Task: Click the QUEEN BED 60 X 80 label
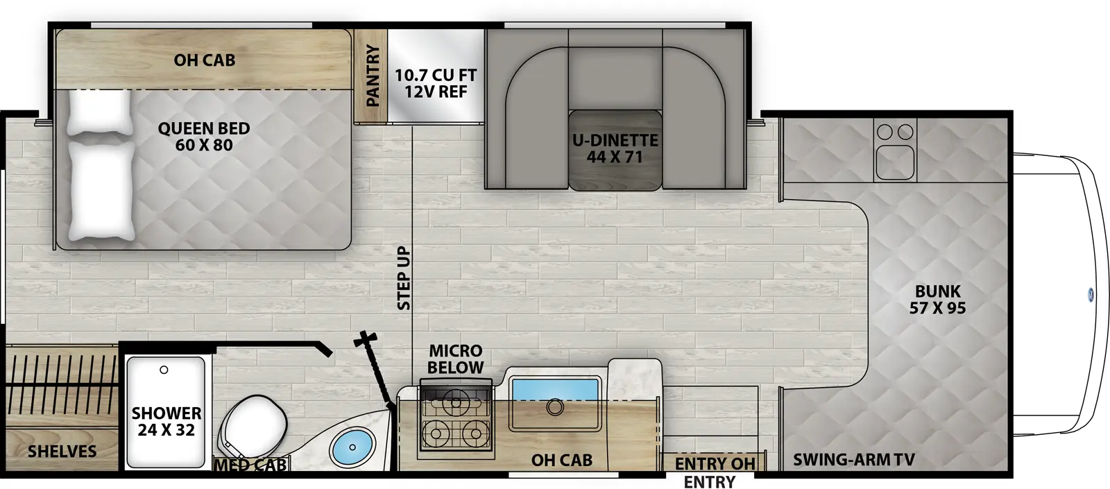click(203, 137)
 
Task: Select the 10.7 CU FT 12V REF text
click(436, 83)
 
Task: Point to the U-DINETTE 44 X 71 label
click(615, 148)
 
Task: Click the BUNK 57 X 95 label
click(937, 300)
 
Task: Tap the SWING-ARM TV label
click(853, 459)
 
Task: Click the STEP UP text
click(404, 277)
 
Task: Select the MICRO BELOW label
click(455, 359)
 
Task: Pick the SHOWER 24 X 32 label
click(166, 422)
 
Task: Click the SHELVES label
click(62, 452)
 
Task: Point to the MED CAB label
click(250, 465)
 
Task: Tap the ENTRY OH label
click(715, 463)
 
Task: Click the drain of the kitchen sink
click(554, 407)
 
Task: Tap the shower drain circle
click(164, 370)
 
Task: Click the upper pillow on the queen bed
click(99, 112)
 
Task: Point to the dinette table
click(615, 149)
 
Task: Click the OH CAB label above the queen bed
click(204, 60)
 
